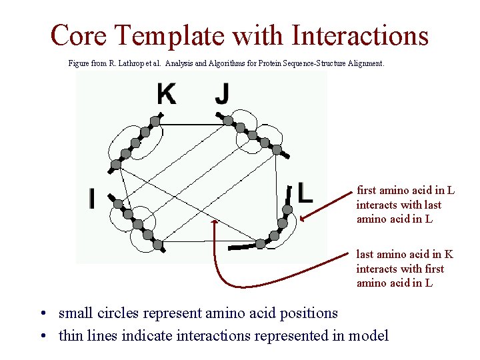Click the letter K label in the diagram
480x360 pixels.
coord(167,94)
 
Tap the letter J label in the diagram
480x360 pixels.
coord(221,94)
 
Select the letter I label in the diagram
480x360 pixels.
coord(92,198)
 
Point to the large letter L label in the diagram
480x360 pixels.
coord(305,192)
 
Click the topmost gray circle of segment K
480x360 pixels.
coord(155,121)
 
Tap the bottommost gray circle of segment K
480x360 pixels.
coord(116,163)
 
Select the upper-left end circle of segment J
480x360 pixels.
coord(228,121)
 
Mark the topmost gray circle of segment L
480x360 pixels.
coord(287,209)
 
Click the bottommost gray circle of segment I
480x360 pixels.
coord(157,245)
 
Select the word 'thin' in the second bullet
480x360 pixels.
coord(73,335)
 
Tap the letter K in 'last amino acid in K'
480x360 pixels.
coord(449,254)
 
